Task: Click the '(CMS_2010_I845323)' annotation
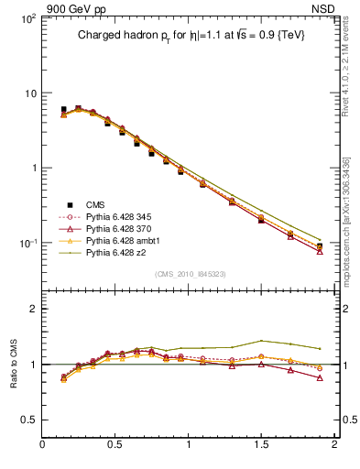click(191, 274)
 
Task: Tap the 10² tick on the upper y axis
click(28, 18)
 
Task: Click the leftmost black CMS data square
click(63, 110)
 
